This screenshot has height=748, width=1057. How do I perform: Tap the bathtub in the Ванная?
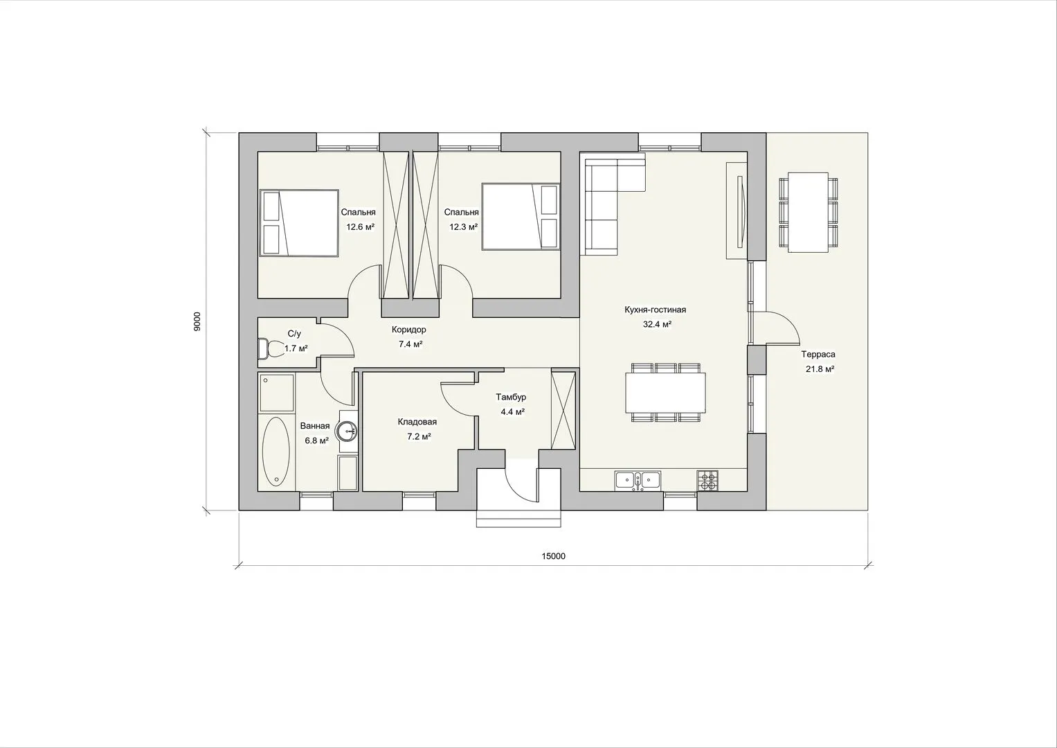click(x=275, y=451)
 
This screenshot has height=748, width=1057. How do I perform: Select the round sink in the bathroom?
click(x=347, y=431)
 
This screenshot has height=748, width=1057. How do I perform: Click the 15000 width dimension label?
click(x=553, y=556)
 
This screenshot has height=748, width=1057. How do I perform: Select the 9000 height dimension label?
click(x=197, y=321)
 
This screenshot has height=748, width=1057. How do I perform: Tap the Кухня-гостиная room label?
click(x=655, y=310)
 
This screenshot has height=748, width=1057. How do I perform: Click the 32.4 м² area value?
click(x=657, y=324)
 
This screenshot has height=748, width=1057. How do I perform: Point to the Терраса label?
click(x=817, y=354)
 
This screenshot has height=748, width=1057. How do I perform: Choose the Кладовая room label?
click(x=417, y=422)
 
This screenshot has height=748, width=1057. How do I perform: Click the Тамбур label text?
click(x=511, y=397)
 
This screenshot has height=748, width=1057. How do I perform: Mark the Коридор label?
click(x=408, y=330)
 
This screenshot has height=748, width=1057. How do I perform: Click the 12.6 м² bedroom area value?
click(x=361, y=227)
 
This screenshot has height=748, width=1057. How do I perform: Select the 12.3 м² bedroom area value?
click(x=463, y=227)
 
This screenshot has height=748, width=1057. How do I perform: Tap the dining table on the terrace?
click(x=808, y=213)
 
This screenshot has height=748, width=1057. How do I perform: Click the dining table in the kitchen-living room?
click(x=665, y=392)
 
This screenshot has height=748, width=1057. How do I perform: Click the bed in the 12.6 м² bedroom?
click(x=299, y=223)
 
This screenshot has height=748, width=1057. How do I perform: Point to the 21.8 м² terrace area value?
click(x=820, y=369)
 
